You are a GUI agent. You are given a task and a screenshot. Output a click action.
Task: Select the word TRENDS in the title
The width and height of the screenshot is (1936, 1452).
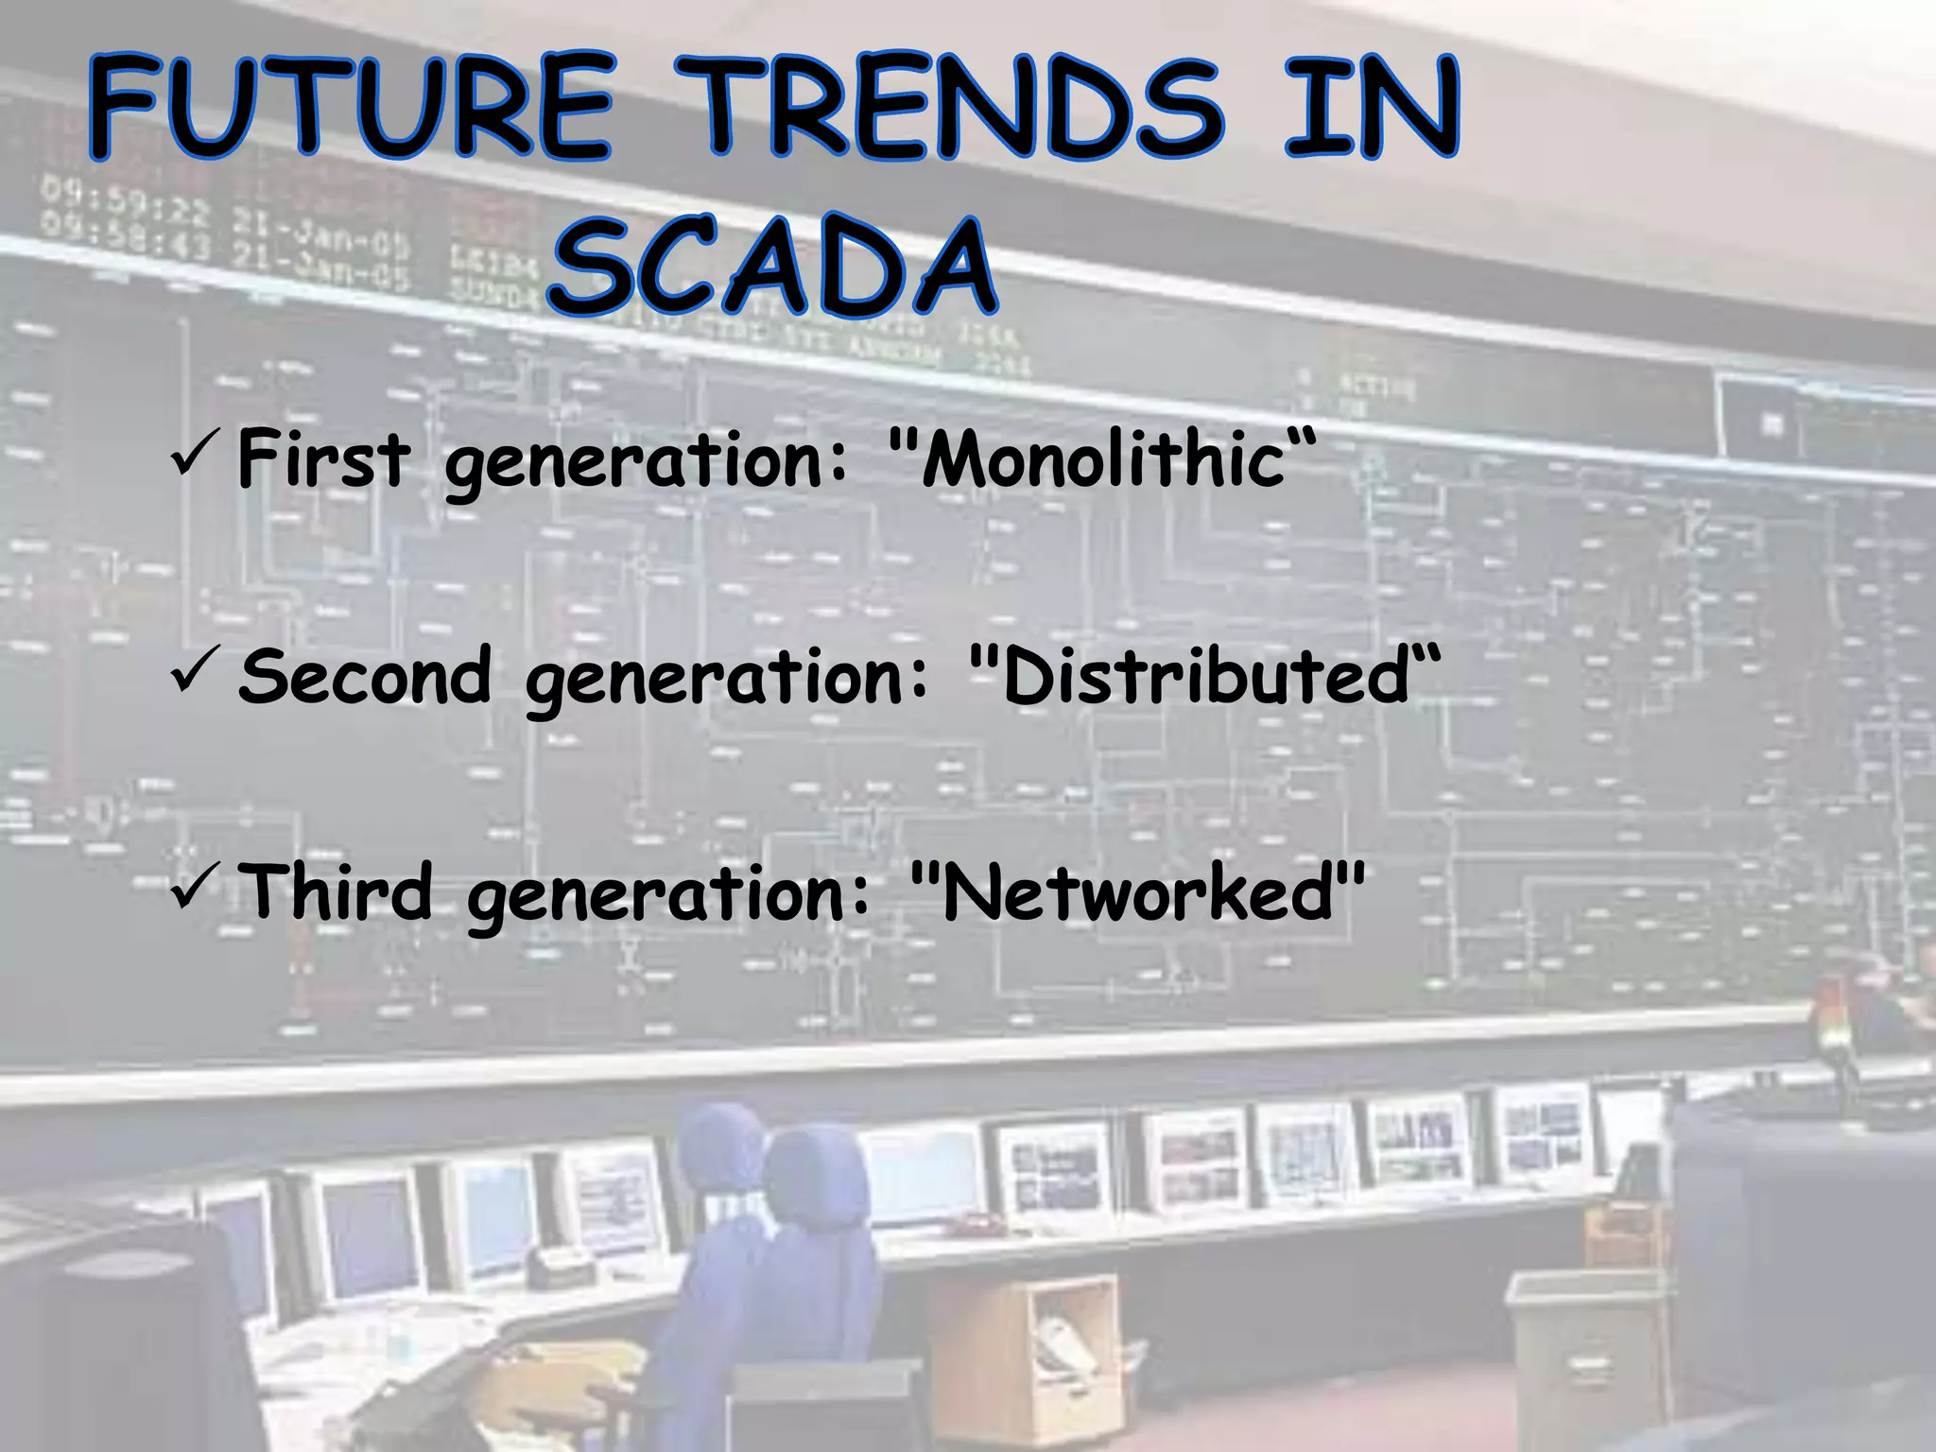(964, 106)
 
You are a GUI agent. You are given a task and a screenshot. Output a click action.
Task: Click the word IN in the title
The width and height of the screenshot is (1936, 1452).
(1371, 106)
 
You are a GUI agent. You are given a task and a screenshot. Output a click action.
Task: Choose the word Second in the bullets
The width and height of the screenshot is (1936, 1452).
(365, 676)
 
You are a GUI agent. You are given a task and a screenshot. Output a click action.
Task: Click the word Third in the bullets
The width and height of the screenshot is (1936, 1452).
(335, 892)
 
